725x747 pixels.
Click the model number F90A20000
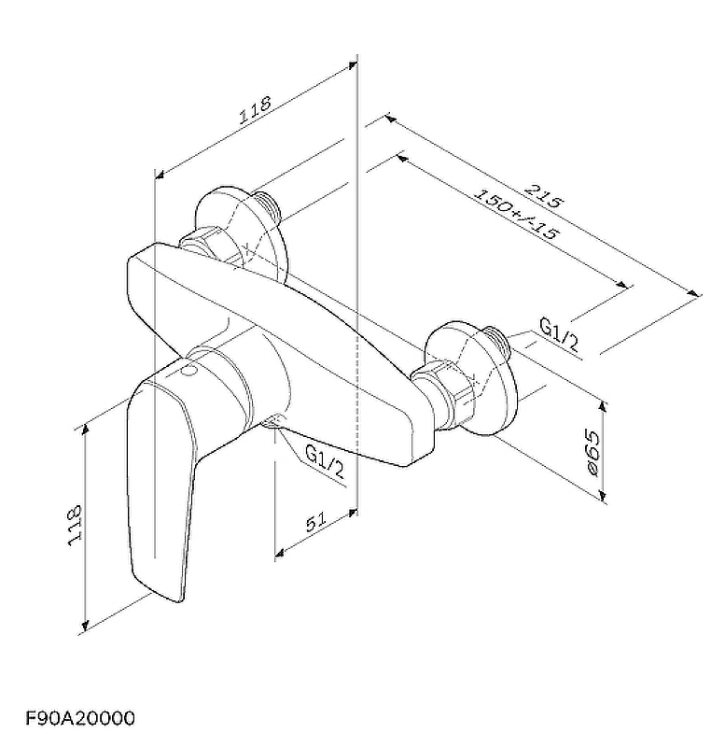point(80,717)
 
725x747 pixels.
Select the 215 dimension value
point(544,195)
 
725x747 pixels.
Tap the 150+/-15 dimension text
point(517,214)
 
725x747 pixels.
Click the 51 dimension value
point(316,522)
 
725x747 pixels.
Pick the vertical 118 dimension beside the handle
point(75,526)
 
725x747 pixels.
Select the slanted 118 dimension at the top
point(255,110)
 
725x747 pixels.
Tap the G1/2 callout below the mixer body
point(324,460)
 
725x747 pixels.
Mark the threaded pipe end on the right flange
point(496,342)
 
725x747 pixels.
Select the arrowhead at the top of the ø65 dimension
point(603,406)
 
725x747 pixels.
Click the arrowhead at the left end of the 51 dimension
point(280,553)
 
